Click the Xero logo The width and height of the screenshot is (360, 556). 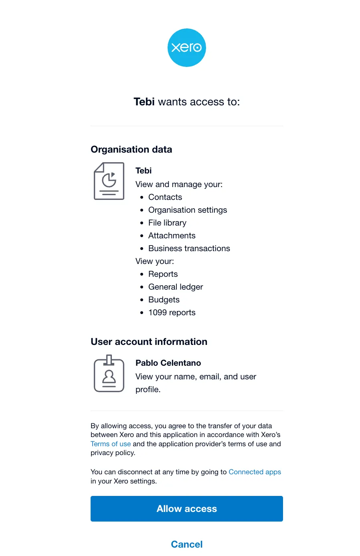pos(186,48)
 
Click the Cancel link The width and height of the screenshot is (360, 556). pos(187,544)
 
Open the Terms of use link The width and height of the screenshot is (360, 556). pos(111,444)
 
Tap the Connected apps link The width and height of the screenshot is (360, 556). pos(255,472)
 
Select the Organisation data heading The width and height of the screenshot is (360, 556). pos(131,149)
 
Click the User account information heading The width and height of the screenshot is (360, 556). pos(149,342)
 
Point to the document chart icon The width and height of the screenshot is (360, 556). pos(109,181)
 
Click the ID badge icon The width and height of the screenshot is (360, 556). pos(109,374)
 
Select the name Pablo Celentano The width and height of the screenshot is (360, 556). pos(168,363)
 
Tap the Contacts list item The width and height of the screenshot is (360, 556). pos(165,197)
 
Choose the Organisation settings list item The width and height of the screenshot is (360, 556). pos(188,210)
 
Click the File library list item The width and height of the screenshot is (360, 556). pos(167,223)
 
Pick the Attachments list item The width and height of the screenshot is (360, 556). pos(172,236)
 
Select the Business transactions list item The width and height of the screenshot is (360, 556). pos(189,248)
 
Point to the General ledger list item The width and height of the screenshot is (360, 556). pos(176,287)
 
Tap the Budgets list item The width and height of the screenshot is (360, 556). pos(164,300)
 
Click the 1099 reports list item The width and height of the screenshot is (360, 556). pos(172,312)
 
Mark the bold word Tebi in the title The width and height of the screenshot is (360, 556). pos(144,102)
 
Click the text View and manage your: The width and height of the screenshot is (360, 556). pos(179,184)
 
